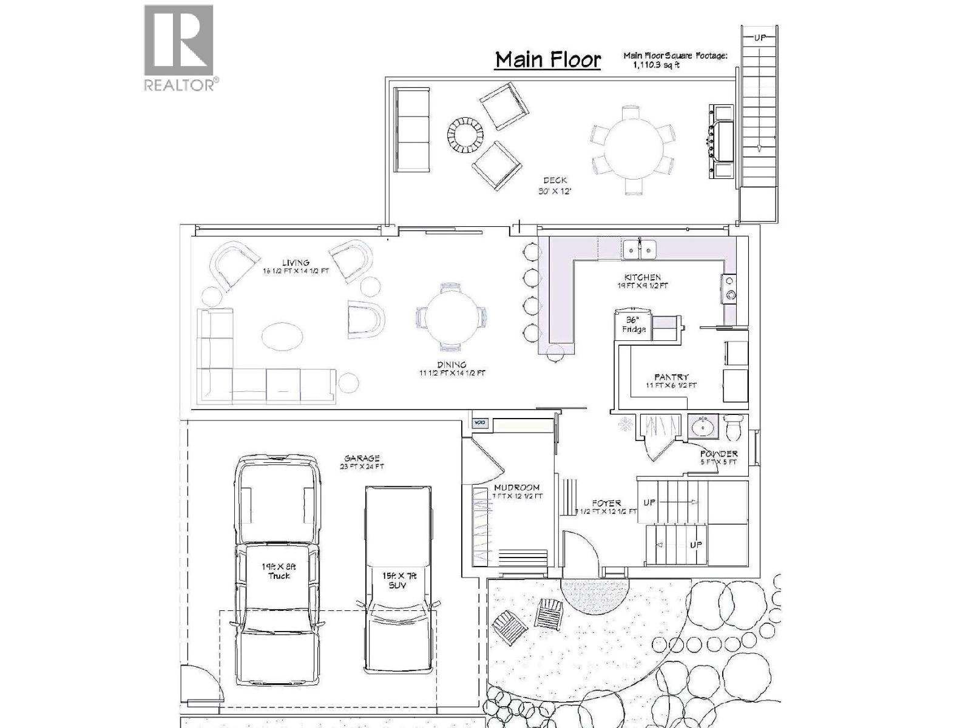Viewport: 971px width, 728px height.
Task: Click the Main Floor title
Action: (548, 59)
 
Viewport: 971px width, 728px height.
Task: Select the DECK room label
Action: (555, 180)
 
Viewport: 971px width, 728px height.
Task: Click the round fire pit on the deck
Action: (465, 133)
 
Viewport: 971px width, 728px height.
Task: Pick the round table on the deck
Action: (632, 149)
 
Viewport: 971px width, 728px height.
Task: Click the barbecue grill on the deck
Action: (722, 141)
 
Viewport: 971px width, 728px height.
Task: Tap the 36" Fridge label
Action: (633, 325)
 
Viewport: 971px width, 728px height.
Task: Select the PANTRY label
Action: (671, 377)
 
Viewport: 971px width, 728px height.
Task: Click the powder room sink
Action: (703, 426)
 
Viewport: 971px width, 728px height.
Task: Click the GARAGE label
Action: (362, 458)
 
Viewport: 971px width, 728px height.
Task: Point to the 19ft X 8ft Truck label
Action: (279, 571)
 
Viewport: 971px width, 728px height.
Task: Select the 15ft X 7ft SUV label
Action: (398, 581)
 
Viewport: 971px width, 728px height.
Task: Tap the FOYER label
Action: (606, 503)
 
